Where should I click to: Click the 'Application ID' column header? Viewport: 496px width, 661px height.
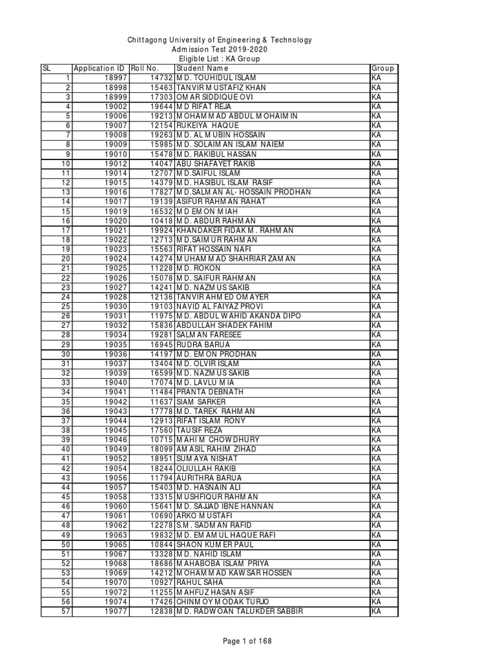point(99,68)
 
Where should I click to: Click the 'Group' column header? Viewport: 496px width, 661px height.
point(382,68)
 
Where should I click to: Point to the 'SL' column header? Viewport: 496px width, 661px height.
point(46,68)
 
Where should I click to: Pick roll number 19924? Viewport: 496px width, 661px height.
point(161,230)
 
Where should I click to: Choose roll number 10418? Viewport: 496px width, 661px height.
point(161,220)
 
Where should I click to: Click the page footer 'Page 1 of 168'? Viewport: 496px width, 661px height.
point(248,640)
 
